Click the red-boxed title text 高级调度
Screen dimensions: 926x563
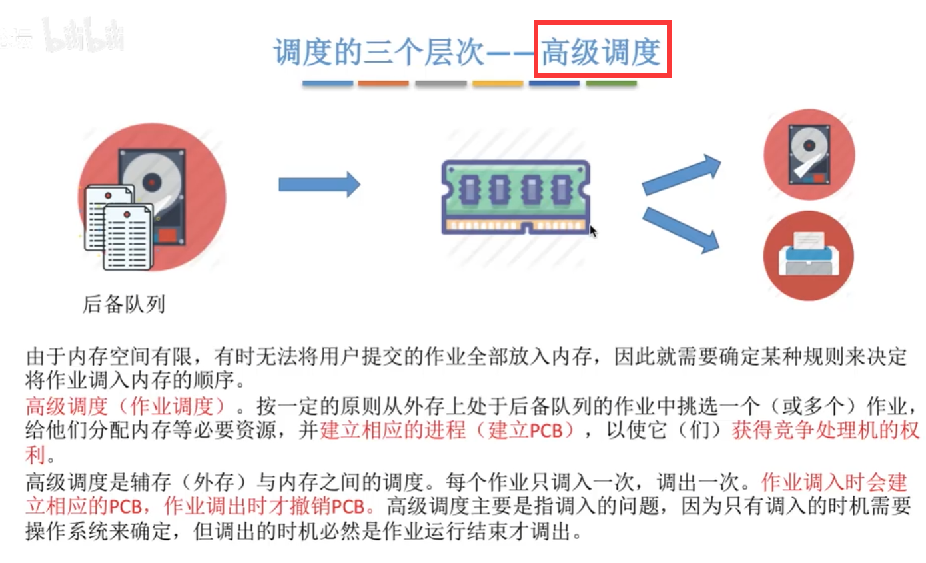click(602, 51)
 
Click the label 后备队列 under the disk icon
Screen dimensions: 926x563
click(123, 304)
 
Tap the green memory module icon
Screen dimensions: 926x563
click(516, 197)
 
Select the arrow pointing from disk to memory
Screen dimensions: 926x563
click(319, 184)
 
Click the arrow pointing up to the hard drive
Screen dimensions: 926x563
click(681, 175)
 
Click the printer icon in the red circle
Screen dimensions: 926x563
click(808, 255)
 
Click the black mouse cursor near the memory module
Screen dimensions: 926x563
click(593, 231)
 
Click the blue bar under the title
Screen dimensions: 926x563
click(327, 83)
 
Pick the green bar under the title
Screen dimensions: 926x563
click(611, 83)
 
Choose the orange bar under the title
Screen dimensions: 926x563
click(383, 83)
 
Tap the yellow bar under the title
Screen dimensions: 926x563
click(498, 83)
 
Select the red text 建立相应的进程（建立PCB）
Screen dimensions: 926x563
click(447, 430)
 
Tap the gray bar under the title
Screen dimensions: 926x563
click(440, 83)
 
